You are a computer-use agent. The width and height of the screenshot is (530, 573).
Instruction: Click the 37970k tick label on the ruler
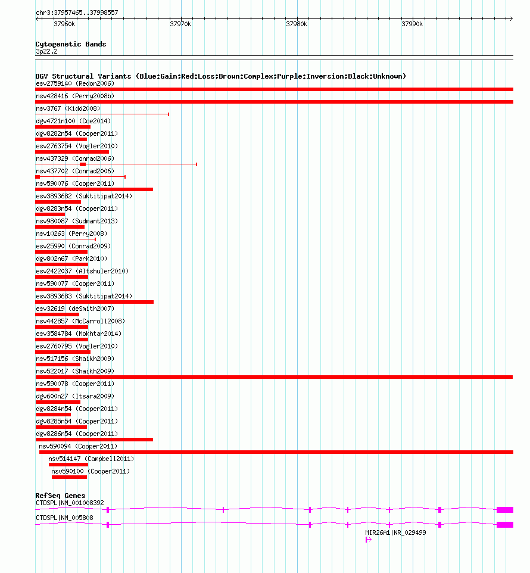tap(180, 24)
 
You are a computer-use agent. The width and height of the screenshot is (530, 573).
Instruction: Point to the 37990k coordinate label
tap(412, 24)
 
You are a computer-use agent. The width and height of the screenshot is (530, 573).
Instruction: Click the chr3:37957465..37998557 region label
tap(77, 13)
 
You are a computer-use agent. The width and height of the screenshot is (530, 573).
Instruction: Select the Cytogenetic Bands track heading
tap(70, 44)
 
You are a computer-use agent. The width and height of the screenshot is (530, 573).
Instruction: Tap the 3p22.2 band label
tap(46, 52)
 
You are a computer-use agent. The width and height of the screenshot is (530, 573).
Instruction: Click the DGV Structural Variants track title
tap(220, 76)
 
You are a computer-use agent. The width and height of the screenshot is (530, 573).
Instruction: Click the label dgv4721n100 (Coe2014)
tap(73, 121)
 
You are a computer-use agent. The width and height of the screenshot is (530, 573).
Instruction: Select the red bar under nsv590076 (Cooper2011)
tap(94, 189)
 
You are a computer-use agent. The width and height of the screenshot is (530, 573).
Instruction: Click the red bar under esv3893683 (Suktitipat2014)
tap(94, 302)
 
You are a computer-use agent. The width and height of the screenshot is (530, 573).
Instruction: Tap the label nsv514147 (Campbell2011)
tap(91, 459)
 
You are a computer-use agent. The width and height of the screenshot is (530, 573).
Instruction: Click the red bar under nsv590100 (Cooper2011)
tap(69, 477)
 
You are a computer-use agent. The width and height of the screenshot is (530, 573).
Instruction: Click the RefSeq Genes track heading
tap(60, 496)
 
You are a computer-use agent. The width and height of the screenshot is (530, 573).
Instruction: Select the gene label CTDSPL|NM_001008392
tap(70, 503)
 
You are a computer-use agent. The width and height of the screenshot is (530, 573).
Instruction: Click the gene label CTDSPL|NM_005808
tap(64, 518)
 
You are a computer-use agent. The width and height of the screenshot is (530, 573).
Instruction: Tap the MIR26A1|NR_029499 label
tap(395, 532)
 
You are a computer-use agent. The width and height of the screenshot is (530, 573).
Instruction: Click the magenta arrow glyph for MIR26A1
tap(369, 540)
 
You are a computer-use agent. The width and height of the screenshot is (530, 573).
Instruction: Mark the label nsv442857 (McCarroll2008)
tap(80, 321)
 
